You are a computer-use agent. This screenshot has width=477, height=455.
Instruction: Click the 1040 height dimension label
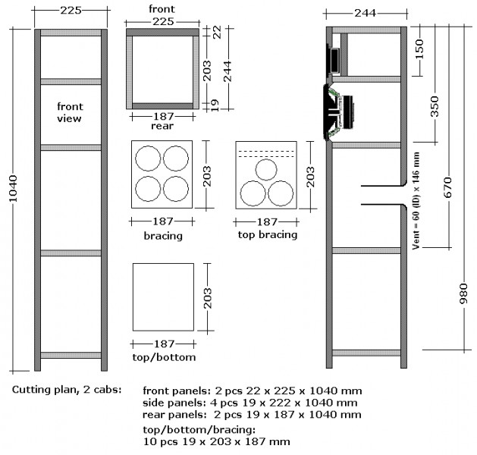coord(13,188)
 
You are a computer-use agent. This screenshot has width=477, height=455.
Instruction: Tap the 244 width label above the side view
coord(365,13)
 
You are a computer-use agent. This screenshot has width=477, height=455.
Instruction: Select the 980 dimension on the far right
coord(463,293)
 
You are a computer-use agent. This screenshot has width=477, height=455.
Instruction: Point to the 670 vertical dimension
coord(448,187)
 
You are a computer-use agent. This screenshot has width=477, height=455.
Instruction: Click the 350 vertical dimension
coord(435,106)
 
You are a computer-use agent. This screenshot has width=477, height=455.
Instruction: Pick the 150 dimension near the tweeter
coord(419,49)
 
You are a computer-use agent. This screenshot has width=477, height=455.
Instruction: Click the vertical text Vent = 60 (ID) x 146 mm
coord(416,201)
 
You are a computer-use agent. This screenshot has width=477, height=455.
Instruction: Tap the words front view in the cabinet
coord(70,112)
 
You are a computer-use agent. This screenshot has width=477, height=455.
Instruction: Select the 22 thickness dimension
coord(217,32)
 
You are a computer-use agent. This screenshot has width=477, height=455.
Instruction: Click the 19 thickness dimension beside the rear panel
coord(215,105)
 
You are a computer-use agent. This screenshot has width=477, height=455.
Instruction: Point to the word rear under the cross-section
coord(162,126)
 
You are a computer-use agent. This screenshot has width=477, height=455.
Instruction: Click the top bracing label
coord(268,234)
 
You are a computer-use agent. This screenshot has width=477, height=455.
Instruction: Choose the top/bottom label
coord(164,356)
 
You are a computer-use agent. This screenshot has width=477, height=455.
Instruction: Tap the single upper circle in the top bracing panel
coord(266,170)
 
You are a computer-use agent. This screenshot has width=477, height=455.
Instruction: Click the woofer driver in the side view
coord(338,112)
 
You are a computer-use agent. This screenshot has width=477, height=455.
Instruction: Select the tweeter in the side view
coord(333,60)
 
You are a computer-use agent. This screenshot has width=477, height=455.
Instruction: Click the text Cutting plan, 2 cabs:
coord(67,390)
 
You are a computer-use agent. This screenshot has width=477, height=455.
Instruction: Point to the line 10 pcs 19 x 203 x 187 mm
coord(216,441)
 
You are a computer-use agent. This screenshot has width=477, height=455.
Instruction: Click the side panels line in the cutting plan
coord(249,403)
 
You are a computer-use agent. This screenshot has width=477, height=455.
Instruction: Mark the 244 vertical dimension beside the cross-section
coord(228,71)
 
